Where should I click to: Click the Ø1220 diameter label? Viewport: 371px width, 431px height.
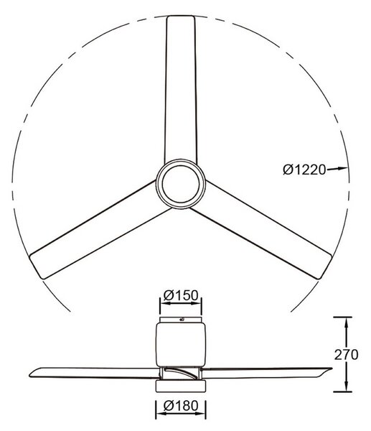[304, 170]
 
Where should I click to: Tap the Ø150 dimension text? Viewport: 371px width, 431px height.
[181, 295]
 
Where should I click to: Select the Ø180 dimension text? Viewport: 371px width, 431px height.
[181, 406]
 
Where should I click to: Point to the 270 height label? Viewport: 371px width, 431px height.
[346, 355]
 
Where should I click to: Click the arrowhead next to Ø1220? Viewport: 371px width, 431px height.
[343, 168]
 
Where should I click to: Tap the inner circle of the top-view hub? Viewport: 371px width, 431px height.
[181, 183]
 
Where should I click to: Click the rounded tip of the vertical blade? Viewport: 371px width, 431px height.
[181, 17]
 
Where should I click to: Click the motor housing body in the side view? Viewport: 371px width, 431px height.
[181, 344]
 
